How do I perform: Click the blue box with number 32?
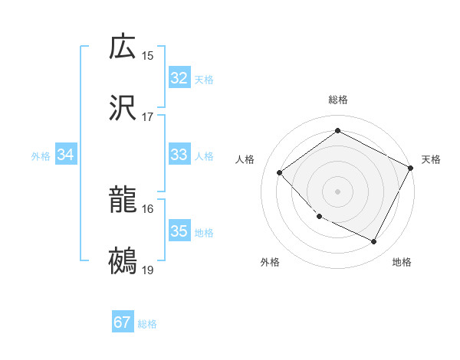click(179, 78)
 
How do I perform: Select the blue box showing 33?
click(179, 155)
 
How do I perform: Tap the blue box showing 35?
click(179, 231)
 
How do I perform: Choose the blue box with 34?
click(65, 155)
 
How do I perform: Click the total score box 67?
click(123, 322)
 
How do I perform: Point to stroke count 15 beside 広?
click(148, 56)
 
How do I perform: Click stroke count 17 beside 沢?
click(148, 118)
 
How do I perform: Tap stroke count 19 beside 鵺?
click(148, 271)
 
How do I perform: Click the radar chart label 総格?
click(338, 100)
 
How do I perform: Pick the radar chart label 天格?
click(431, 159)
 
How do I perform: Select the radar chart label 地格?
click(402, 263)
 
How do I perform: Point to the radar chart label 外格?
click(270, 263)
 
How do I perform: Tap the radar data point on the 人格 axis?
click(280, 172)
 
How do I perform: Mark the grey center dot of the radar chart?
click(338, 191)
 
